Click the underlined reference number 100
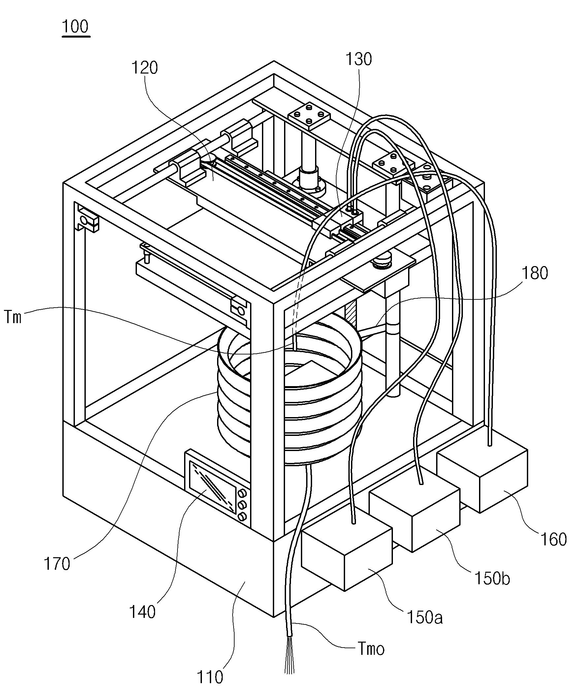[76, 27]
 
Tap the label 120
[145, 68]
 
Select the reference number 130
[359, 59]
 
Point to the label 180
[535, 273]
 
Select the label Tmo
[371, 649]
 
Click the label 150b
[492, 578]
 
